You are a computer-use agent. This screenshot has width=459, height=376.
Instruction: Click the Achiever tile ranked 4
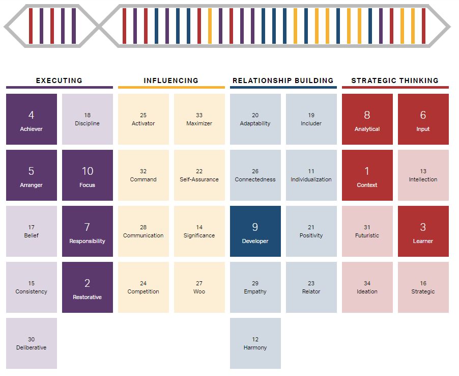point(32,119)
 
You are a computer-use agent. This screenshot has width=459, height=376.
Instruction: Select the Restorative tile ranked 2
point(88,287)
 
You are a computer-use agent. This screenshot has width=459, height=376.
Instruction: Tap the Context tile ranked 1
point(367,175)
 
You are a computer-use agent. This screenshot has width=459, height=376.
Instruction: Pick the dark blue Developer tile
point(255,231)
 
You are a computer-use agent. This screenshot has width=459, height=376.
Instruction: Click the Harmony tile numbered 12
point(255,343)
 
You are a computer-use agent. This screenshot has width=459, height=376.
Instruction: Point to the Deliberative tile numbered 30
point(32,343)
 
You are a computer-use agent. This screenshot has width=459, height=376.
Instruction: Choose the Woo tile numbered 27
point(199,287)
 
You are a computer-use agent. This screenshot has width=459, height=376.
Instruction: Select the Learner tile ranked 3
point(423,231)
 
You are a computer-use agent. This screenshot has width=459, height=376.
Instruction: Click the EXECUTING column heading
point(59,80)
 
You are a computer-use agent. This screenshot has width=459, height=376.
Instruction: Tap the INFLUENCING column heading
point(171,80)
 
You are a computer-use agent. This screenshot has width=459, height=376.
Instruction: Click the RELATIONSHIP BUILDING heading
point(283,80)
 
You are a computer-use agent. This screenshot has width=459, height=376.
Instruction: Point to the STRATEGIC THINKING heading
point(395,80)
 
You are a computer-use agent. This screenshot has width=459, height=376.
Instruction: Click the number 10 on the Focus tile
point(88,171)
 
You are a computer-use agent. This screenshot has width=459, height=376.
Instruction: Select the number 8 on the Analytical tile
point(367,115)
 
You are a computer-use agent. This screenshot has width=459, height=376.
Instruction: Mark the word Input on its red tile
point(423,129)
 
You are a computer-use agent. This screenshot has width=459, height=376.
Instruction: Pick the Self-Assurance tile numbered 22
point(199,175)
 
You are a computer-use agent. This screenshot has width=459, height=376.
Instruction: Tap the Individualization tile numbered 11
point(311,175)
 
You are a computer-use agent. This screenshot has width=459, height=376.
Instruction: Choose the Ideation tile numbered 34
point(367,287)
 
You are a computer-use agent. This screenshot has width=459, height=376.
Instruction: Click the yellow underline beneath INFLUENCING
point(171,88)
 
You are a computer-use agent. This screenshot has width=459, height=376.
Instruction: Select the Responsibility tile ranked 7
point(88,231)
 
